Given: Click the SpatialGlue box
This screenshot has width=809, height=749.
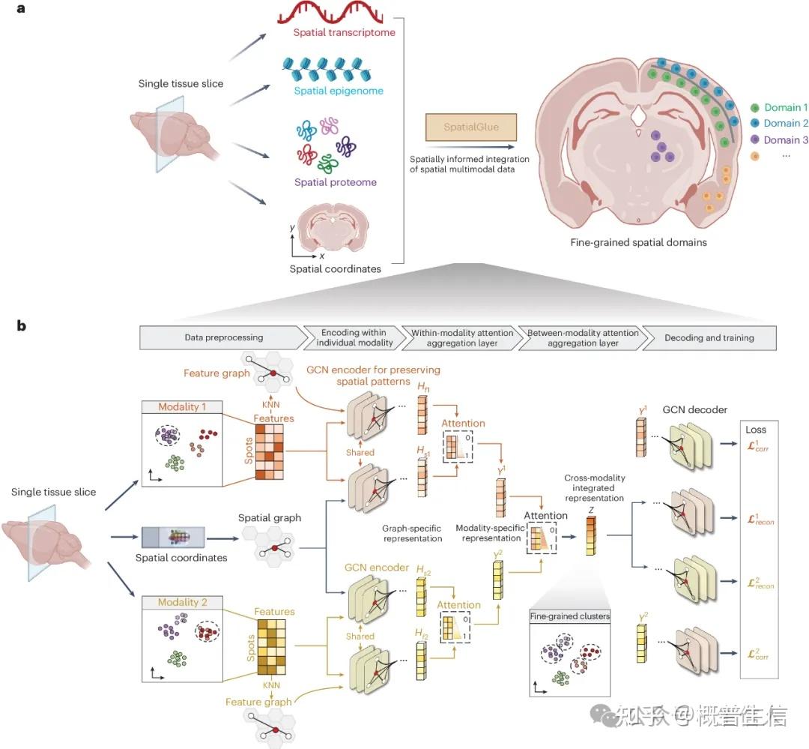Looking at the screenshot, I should (461, 128).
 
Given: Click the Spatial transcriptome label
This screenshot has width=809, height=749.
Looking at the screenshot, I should (345, 32).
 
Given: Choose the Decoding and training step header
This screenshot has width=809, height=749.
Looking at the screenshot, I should (709, 337).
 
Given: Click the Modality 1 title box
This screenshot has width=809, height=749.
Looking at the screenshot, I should (183, 406).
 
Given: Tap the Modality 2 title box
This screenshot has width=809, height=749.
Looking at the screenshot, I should (183, 602).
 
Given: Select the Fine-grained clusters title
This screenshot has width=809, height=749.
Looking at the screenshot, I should (570, 616).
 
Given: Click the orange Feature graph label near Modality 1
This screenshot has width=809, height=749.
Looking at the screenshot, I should (216, 373).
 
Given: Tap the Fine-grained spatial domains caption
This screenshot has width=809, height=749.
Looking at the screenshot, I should (638, 242).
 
